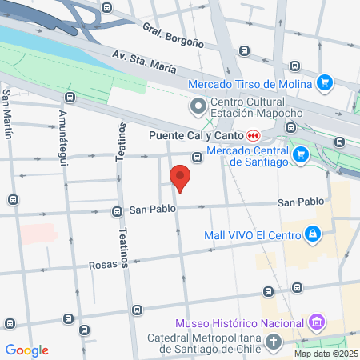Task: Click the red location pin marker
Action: [180, 177]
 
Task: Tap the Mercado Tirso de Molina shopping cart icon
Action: [324, 82]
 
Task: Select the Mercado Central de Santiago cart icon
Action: [301, 154]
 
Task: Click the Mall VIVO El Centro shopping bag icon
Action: [312, 234]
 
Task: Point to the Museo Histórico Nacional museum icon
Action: [318, 322]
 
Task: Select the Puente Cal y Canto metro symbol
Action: [253, 134]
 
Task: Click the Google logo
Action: [26, 350]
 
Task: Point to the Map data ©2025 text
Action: [325, 354]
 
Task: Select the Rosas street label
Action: [102, 263]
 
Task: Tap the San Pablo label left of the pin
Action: [152, 210]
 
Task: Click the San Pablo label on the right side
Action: [301, 202]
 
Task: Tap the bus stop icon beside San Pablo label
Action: [117, 212]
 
